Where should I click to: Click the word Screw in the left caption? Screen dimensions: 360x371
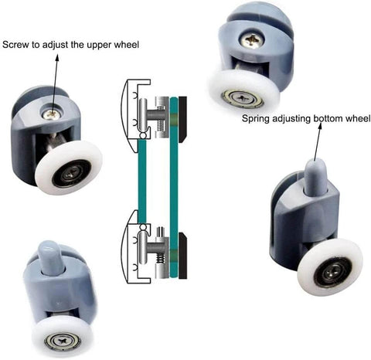pyautogui.click(x=18, y=44)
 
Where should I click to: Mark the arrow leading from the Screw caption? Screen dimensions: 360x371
pyautogui.click(x=56, y=77)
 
